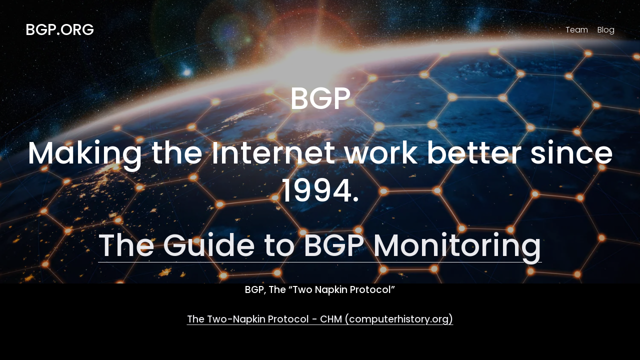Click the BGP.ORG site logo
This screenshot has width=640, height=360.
click(x=59, y=29)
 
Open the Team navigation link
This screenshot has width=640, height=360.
click(x=576, y=29)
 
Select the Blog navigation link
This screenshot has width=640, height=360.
click(x=605, y=29)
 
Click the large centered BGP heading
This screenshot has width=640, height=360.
click(x=320, y=98)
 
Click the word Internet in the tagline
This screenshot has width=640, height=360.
click(x=273, y=153)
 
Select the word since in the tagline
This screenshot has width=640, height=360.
click(x=571, y=153)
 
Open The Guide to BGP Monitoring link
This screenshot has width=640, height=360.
click(x=319, y=246)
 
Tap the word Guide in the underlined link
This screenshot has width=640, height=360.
click(x=209, y=245)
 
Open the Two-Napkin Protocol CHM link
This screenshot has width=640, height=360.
click(x=319, y=319)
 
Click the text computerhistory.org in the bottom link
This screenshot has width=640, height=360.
click(x=399, y=319)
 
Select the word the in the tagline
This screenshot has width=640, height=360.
click(x=177, y=153)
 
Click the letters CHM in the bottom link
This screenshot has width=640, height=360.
click(x=331, y=319)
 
